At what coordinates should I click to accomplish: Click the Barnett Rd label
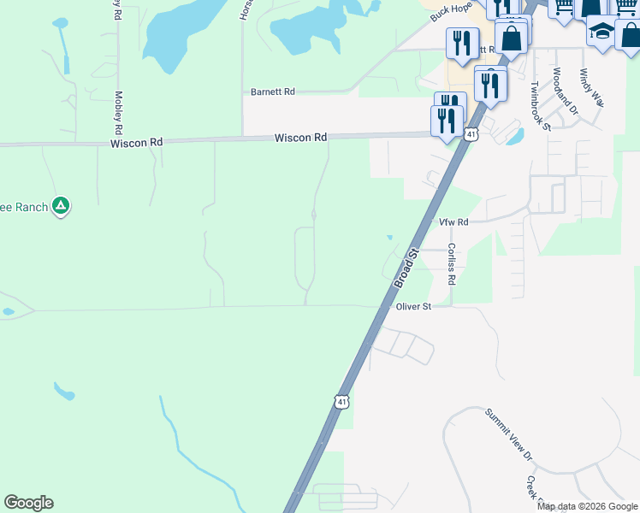(x=272, y=91)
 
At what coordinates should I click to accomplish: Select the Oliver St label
(x=412, y=306)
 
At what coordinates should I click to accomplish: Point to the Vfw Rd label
(x=454, y=221)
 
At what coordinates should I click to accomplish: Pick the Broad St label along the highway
(x=406, y=268)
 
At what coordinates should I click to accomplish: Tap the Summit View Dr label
(x=509, y=434)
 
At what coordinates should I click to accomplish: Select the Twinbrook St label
(x=538, y=105)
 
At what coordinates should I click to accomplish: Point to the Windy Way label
(x=591, y=87)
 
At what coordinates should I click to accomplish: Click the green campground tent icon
(x=60, y=205)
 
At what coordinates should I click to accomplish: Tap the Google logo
(x=28, y=503)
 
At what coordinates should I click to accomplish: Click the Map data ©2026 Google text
(x=588, y=506)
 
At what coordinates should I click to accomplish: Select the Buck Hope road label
(x=452, y=12)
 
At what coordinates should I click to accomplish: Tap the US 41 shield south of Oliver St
(x=342, y=401)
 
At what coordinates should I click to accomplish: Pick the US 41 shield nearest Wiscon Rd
(x=471, y=133)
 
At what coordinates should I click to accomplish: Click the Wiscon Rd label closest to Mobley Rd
(x=136, y=143)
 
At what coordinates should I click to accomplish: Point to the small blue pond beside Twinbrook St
(x=515, y=137)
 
